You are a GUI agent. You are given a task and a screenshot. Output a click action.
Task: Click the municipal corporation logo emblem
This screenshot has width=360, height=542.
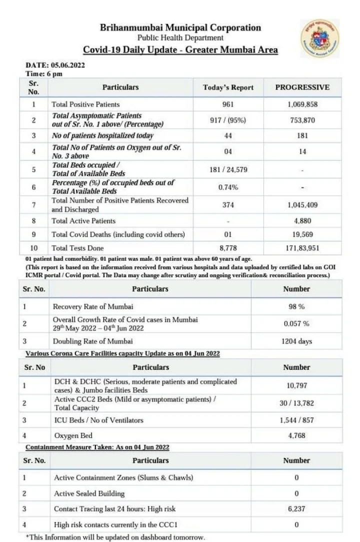pyautogui.click(x=319, y=38)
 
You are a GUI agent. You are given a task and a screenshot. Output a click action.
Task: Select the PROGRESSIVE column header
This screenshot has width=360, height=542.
pyautogui.click(x=302, y=87)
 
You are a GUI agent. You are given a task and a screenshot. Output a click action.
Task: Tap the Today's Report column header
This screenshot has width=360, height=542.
pyautogui.click(x=228, y=88)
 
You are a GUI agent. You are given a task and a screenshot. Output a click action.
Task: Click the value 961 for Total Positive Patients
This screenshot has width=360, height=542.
pyautogui.click(x=228, y=105)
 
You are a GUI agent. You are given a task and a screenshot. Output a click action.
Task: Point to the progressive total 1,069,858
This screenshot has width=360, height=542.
pyautogui.click(x=302, y=105)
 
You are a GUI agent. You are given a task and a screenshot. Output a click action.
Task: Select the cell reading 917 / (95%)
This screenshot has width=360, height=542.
pyautogui.click(x=228, y=120)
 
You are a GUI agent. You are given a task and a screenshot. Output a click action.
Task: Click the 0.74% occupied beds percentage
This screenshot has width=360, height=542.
pyautogui.click(x=228, y=187)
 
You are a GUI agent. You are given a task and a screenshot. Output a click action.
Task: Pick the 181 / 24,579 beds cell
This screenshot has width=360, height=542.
pyautogui.click(x=228, y=170)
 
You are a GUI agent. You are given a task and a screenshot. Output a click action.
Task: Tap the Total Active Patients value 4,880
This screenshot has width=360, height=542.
pyautogui.click(x=302, y=221)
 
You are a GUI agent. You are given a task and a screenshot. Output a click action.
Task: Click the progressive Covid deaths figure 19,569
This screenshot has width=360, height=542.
pyautogui.click(x=302, y=234)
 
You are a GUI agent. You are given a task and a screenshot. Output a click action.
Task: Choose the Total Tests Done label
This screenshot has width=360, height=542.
pyautogui.click(x=77, y=248)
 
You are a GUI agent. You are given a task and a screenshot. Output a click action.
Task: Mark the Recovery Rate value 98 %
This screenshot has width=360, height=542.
pyautogui.click(x=296, y=306)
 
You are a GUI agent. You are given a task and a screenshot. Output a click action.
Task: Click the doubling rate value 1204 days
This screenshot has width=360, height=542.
pyautogui.click(x=296, y=341)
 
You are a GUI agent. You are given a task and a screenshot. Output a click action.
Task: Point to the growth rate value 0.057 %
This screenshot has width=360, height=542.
pyautogui.click(x=296, y=324)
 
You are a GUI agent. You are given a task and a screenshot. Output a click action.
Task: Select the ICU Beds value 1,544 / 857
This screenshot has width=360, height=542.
pyautogui.click(x=296, y=420)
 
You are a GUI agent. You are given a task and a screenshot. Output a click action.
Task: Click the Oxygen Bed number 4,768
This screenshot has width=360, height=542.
pyautogui.click(x=296, y=435)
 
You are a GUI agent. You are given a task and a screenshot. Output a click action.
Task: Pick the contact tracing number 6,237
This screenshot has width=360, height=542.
pyautogui.click(x=296, y=509)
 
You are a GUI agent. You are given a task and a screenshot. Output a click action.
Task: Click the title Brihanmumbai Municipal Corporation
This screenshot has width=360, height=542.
pyautogui.click(x=180, y=28)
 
